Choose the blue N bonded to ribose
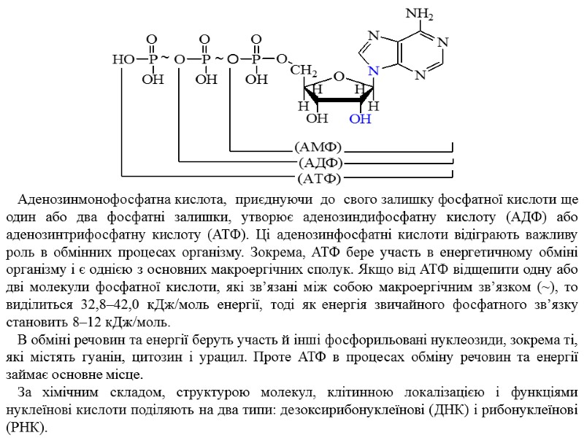click(373, 72)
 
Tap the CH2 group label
click(304, 72)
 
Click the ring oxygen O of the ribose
click(339, 75)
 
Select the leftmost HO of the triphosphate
click(121, 58)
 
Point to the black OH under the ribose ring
click(316, 118)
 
